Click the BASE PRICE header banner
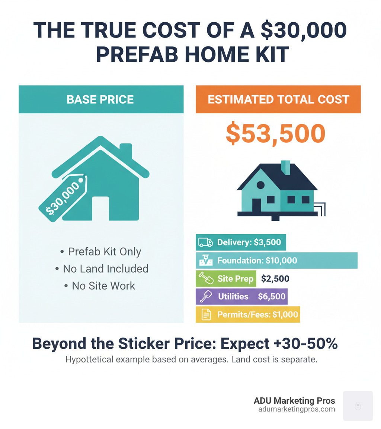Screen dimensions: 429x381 coord(101,99)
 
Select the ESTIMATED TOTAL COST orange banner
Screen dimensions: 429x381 coord(278,99)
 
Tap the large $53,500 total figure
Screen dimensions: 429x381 coord(275,134)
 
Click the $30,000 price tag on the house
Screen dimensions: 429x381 coord(63,199)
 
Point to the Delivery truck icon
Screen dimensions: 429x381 coord(205,242)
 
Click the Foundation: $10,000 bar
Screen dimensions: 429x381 coord(276,260)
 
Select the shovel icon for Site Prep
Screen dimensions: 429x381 coord(205,278)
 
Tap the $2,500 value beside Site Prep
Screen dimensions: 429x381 coord(275,278)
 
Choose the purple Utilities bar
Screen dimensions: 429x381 coord(241,296)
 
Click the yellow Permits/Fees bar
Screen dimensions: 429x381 coord(247,315)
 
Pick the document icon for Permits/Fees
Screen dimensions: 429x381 coord(205,315)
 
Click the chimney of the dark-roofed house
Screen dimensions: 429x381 coord(286,168)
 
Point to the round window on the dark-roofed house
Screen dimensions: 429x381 coord(260,184)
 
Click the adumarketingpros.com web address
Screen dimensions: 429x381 coord(296,409)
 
